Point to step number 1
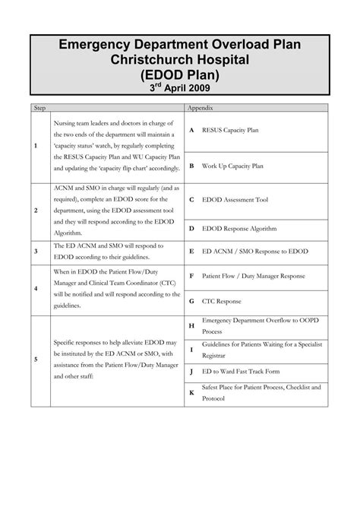tap(36, 147)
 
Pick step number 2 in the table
tap(36, 211)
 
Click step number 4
tap(36, 289)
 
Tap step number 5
tap(36, 359)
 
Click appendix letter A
tap(192, 130)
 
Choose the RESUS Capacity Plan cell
tap(230, 130)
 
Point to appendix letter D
tap(192, 228)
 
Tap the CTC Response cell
tap(222, 301)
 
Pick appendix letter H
tap(192, 325)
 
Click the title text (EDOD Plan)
tap(179, 75)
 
